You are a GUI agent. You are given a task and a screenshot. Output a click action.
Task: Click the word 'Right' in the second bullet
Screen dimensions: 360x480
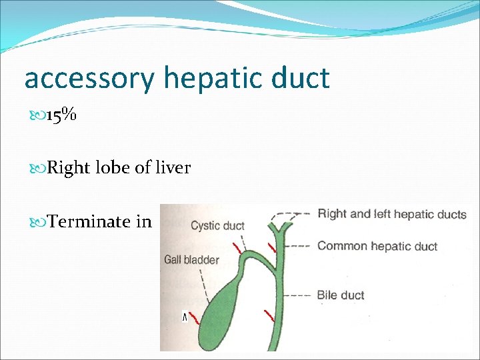69,168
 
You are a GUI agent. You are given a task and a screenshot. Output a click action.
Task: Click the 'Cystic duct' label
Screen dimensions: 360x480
217,225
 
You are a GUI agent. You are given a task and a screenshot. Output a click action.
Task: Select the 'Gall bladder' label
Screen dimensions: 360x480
191,259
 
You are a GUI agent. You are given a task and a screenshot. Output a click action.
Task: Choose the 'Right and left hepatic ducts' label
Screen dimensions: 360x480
391,214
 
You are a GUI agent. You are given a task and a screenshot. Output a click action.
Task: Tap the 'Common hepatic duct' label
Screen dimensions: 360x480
377,246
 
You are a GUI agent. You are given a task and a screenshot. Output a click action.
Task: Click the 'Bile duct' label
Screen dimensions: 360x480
340,295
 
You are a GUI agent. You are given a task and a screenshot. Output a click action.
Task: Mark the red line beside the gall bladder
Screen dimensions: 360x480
195,319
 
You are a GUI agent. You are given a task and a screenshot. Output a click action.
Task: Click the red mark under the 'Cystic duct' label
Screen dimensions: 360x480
236,248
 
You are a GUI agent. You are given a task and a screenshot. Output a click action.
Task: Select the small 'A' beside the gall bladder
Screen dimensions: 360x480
185,317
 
